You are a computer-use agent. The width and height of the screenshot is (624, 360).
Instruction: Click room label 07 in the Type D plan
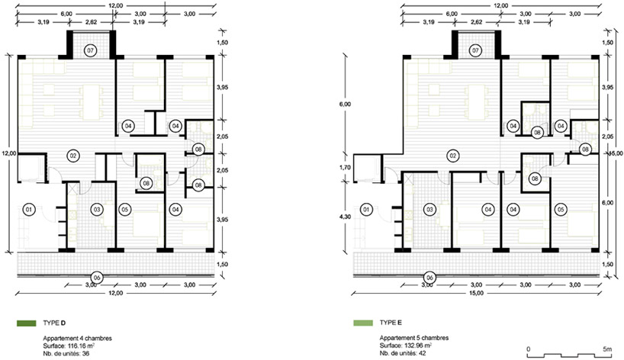pos(91,50)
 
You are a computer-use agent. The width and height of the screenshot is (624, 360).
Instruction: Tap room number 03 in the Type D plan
pos(97,209)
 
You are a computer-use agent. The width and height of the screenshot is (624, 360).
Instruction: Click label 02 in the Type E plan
pos(452,156)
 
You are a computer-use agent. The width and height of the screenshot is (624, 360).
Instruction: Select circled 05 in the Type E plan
pos(561,209)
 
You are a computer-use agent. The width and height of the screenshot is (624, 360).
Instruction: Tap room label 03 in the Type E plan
pos(430,209)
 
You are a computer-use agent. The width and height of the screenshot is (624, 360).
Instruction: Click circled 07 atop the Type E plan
pos(475,50)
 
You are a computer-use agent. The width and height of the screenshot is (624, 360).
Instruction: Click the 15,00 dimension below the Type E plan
pos(476,294)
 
